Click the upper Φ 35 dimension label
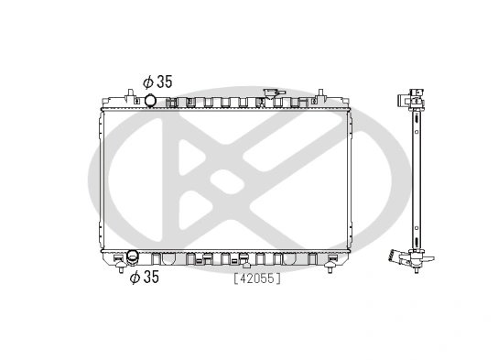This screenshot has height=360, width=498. point(157,82)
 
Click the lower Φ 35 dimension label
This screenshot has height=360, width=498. point(145,277)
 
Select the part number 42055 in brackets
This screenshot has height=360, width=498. point(257,278)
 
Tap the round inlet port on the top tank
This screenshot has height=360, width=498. point(150,101)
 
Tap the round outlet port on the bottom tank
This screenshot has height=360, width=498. point(133,256)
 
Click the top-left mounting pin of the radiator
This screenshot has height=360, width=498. point(130,93)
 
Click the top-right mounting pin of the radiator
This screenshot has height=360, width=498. point(320,93)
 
